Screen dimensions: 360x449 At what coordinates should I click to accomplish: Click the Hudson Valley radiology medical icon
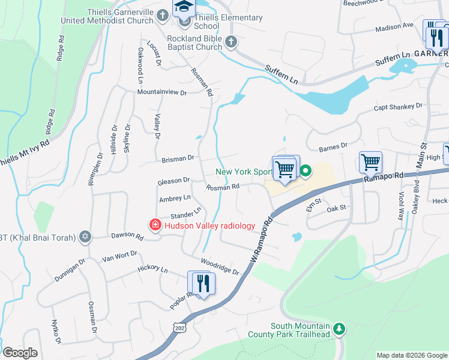(155, 226)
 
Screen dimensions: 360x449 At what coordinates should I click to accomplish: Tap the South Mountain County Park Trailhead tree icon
(339, 329)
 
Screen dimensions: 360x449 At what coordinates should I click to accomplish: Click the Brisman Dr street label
(178, 159)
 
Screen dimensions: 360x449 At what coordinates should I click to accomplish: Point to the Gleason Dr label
(173, 180)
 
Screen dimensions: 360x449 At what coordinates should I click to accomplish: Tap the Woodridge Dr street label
(219, 267)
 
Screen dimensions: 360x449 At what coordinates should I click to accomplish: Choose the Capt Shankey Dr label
(398, 107)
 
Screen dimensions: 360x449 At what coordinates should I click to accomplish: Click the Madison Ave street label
(394, 27)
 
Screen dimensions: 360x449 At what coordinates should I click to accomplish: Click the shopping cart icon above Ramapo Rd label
(370, 161)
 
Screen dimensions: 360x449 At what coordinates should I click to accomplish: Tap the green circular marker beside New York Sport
(306, 172)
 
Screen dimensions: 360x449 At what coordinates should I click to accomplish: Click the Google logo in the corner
(20, 353)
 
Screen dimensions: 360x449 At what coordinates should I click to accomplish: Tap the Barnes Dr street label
(333, 146)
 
